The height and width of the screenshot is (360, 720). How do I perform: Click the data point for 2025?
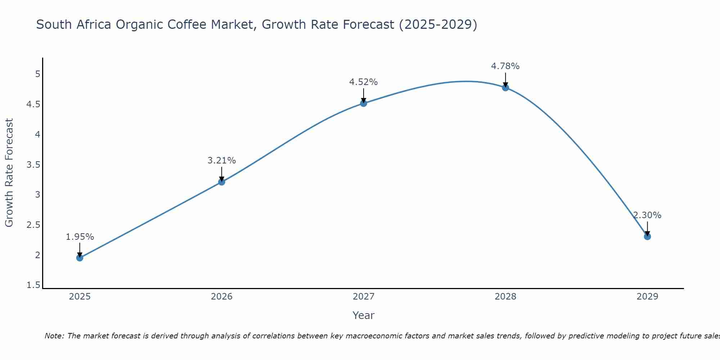(80, 258)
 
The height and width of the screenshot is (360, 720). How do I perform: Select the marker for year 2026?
(222, 182)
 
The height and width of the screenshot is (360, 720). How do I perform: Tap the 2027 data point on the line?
(364, 103)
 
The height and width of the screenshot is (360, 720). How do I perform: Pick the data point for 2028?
(505, 87)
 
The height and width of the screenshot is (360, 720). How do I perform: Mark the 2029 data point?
(647, 237)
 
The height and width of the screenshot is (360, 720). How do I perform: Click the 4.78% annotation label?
(505, 66)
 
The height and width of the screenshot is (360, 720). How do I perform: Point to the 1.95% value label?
(80, 237)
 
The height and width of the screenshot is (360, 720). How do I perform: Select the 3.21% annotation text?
(222, 161)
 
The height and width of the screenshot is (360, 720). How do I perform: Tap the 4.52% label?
(364, 82)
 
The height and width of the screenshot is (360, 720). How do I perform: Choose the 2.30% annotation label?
(647, 215)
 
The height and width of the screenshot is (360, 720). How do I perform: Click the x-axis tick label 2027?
(364, 297)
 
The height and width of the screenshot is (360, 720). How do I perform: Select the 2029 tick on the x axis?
(647, 297)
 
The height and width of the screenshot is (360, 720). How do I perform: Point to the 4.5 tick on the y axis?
(33, 104)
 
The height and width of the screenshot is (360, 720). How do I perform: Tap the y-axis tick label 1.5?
(33, 285)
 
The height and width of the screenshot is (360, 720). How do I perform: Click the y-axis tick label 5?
(37, 74)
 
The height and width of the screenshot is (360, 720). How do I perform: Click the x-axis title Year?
(364, 315)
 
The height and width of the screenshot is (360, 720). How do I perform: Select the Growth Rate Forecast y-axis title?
(9, 173)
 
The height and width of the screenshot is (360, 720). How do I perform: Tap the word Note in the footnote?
(54, 336)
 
